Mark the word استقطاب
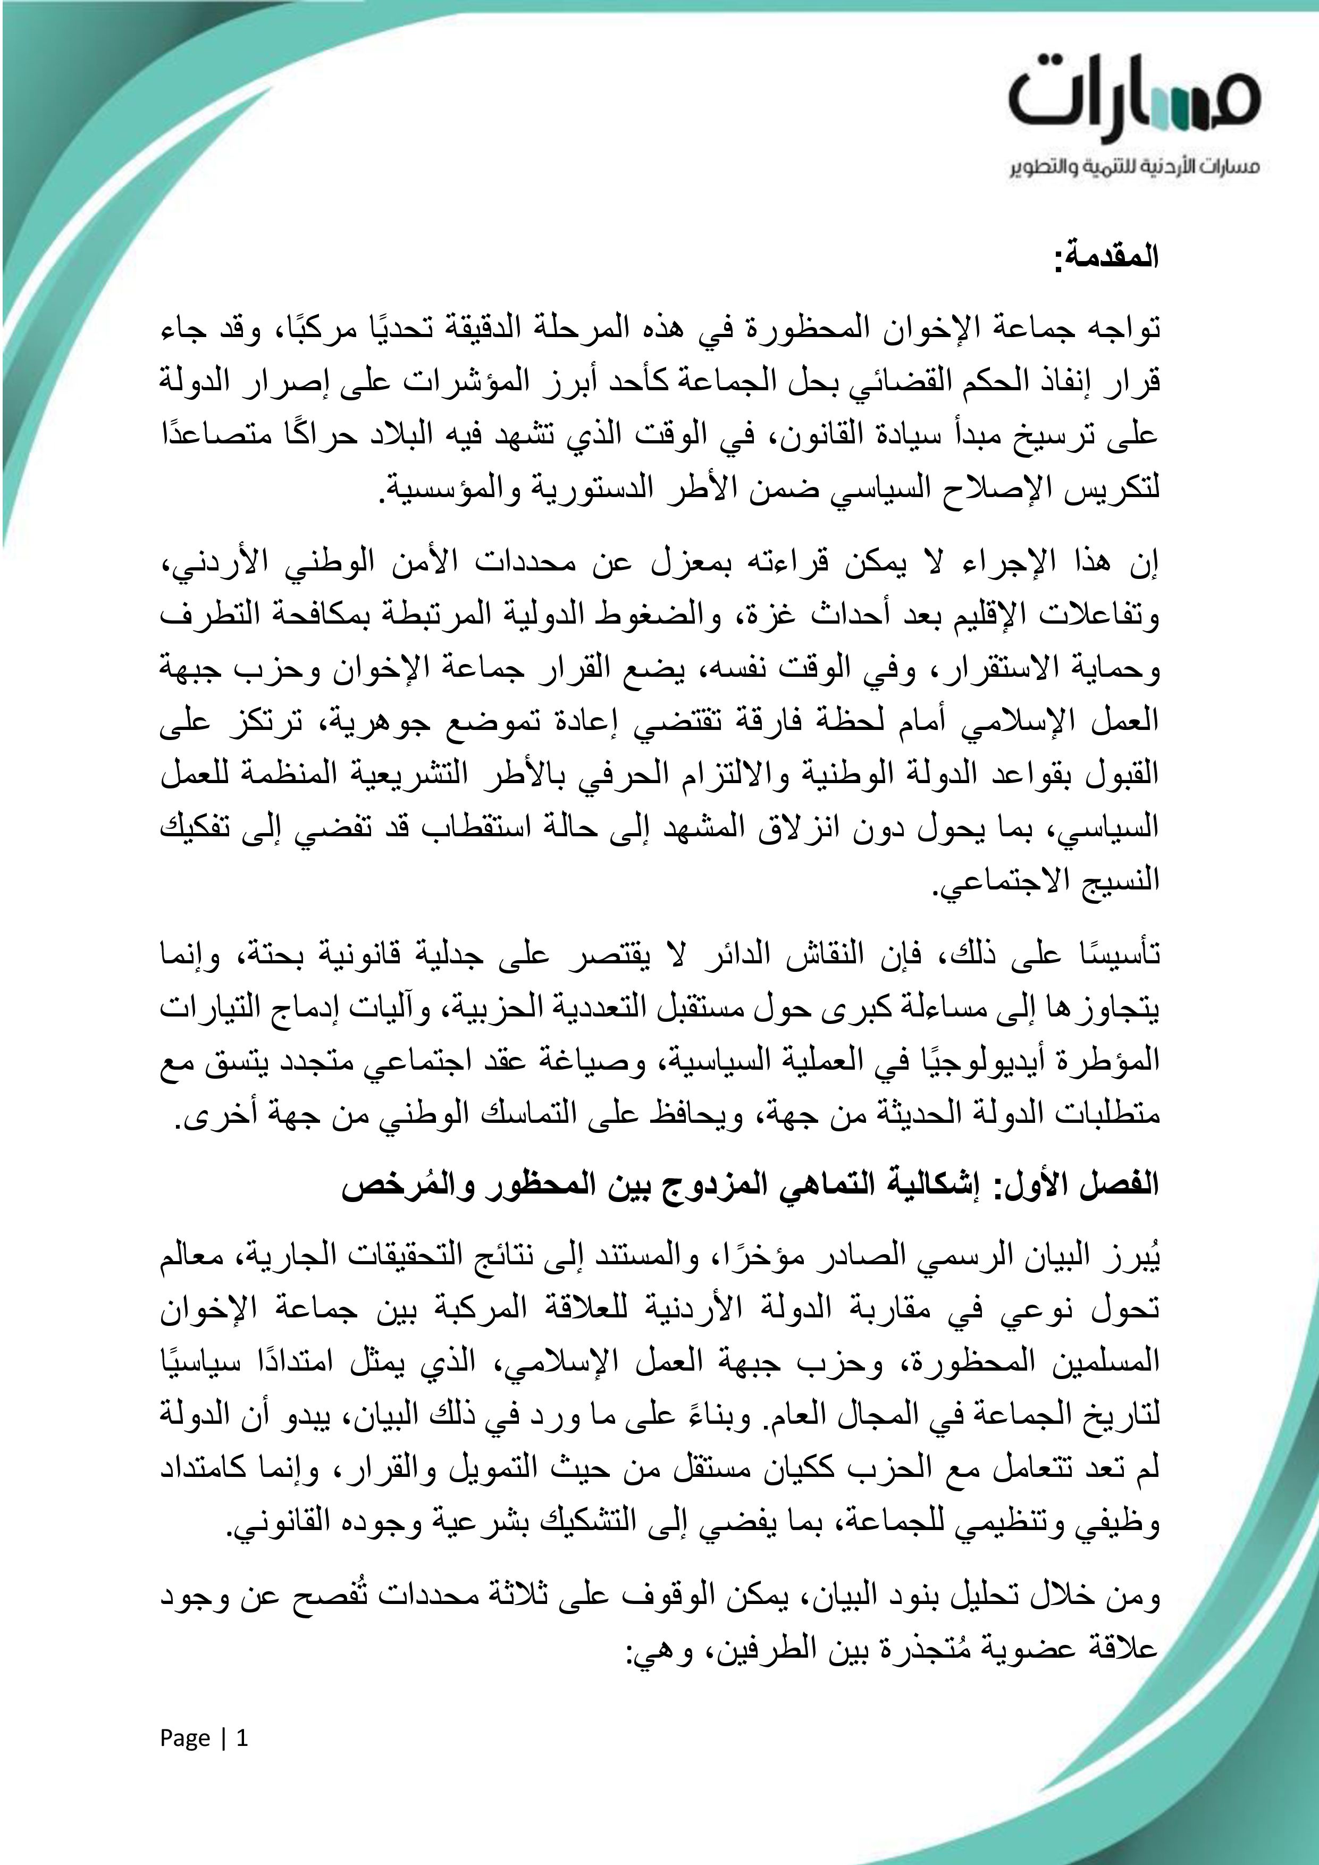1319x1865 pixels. point(473,827)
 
